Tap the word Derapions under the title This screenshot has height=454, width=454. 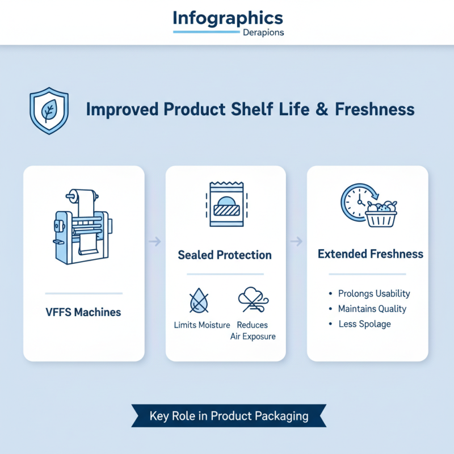(263, 32)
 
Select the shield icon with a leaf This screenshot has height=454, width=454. (48, 110)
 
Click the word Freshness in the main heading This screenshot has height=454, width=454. (375, 110)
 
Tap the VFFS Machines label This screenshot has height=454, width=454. (83, 312)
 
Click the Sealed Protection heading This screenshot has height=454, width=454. (225, 255)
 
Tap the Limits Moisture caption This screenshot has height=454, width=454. (201, 325)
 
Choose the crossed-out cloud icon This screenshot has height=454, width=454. (252, 299)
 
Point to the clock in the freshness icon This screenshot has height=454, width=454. (356, 201)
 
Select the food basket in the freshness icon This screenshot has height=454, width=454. (381, 214)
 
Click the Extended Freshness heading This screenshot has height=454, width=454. (371, 254)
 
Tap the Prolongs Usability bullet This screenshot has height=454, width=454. (374, 293)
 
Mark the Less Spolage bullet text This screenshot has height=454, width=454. (364, 324)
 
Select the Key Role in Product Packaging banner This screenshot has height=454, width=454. (229, 416)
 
